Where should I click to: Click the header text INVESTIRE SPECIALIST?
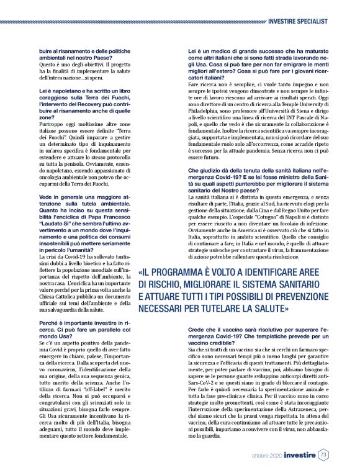coord(299,21)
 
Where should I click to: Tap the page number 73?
coord(323,455)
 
